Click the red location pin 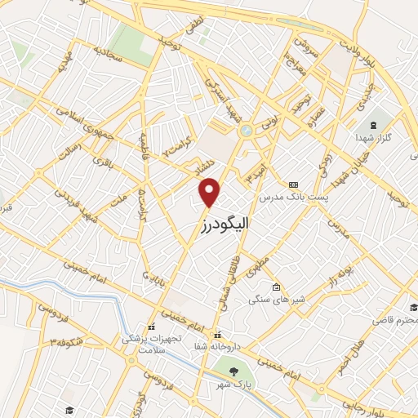coord(211,193)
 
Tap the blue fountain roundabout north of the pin coord(245,131)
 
